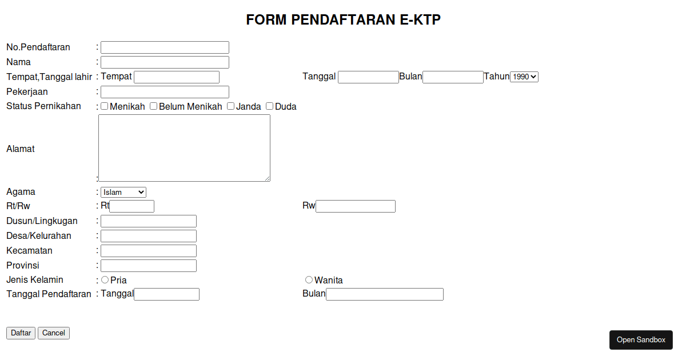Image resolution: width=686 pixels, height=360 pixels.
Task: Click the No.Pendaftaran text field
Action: pos(165,47)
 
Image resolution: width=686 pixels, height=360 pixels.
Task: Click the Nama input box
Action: pos(165,62)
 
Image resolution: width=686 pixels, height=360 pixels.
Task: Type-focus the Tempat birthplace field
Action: pos(177,77)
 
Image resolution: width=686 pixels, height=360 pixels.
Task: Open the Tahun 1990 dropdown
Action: pos(524,77)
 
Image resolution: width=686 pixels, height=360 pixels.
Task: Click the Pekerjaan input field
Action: pos(165,92)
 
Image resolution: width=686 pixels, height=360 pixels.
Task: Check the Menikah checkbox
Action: pos(105,106)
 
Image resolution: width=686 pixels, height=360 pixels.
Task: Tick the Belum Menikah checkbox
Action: pos(154,106)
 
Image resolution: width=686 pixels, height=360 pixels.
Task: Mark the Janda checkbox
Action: pos(231,106)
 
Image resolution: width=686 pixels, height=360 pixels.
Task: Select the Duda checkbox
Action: pos(270,106)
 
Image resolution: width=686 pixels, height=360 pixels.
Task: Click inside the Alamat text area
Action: pos(184,148)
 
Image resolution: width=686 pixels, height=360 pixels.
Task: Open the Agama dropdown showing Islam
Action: pos(123,193)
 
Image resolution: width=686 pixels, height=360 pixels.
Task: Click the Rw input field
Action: pos(355,206)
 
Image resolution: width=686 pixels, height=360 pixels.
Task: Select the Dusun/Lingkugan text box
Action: pos(149,221)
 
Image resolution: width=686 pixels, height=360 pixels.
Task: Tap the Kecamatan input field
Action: pos(149,251)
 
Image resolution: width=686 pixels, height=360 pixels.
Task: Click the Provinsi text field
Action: pos(149,266)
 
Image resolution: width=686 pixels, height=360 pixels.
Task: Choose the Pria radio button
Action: pos(105,280)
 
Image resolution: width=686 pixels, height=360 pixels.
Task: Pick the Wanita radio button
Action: pos(309,280)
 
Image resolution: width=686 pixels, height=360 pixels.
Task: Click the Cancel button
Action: pos(54,333)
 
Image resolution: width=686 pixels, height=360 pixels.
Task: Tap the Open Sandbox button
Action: pos(641,340)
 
